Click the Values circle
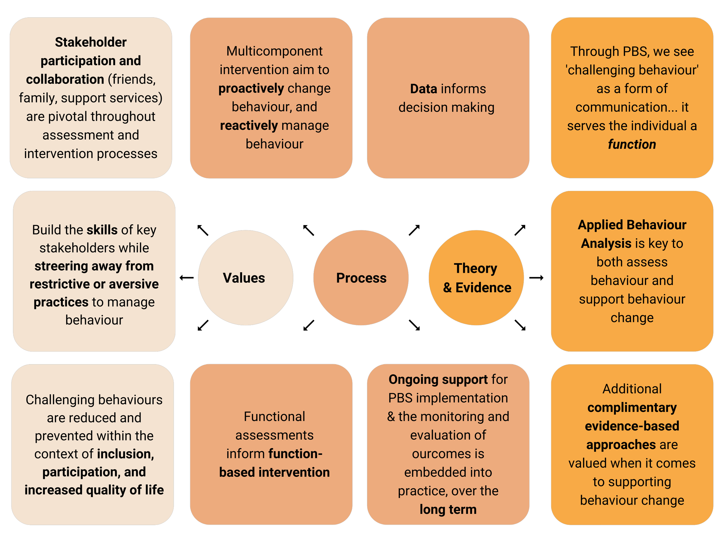point(245,278)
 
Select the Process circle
point(361,278)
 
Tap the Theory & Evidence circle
point(476,278)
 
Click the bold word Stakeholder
point(91,42)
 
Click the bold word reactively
point(248,126)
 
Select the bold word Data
point(423,89)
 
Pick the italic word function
point(632,144)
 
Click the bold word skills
point(102,230)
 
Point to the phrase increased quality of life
point(94,490)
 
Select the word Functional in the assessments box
point(274,416)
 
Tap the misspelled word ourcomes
point(448,454)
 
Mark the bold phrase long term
point(448,509)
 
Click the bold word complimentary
point(632,408)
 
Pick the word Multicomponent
point(274,51)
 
